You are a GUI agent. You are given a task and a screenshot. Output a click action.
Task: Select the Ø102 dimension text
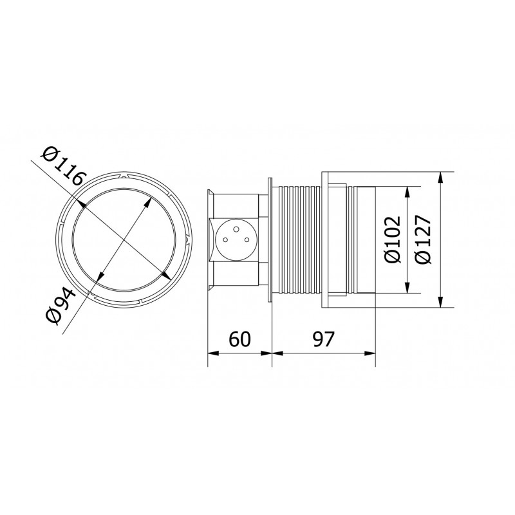394,239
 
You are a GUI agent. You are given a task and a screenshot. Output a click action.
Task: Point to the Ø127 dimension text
423,239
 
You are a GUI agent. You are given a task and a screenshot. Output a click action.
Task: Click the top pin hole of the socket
236,229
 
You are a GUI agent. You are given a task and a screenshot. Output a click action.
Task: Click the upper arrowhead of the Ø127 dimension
440,179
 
